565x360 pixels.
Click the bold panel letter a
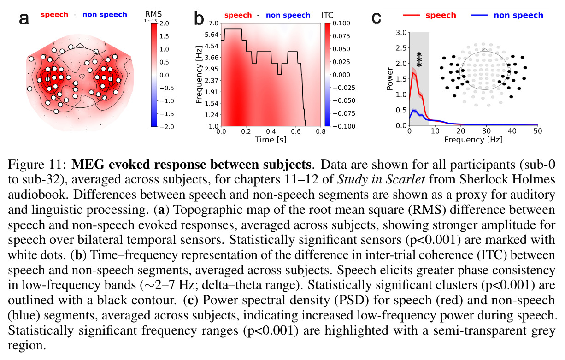[x=24, y=19]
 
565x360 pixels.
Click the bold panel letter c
[x=377, y=18]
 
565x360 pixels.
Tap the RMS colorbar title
[x=153, y=14]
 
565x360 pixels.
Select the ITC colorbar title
[x=327, y=15]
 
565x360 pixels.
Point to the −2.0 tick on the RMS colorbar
[x=167, y=127]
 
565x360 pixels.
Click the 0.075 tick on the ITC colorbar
[x=341, y=36]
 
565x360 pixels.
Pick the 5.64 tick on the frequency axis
[x=212, y=35]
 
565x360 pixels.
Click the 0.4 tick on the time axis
[x=271, y=131]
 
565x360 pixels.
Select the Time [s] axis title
[x=271, y=140]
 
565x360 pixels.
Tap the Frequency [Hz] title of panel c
[x=473, y=140]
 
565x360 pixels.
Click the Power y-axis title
[x=390, y=79]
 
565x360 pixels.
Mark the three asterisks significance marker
[x=419, y=59]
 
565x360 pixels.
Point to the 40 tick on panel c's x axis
[x=512, y=131]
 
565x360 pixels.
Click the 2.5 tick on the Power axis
[x=401, y=48]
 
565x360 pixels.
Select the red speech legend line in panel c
[x=412, y=15]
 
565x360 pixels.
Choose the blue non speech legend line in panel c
[x=479, y=15]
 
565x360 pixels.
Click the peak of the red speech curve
[x=413, y=73]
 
